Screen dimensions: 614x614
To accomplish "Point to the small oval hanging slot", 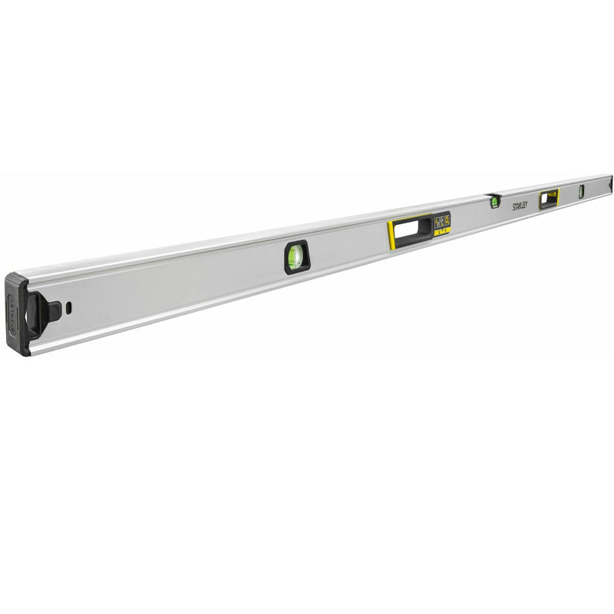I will click(x=68, y=307).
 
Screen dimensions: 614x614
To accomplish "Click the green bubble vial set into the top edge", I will click(x=495, y=202).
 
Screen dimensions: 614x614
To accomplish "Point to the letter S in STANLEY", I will click(x=515, y=208).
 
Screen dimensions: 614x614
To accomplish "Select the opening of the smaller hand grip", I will click(x=548, y=199).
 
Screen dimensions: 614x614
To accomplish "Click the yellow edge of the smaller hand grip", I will click(x=557, y=196).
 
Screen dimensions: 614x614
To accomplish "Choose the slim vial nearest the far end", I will click(x=581, y=192).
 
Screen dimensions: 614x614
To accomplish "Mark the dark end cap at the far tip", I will click(x=611, y=183).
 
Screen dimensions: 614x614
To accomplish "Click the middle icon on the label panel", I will click(x=442, y=220).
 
